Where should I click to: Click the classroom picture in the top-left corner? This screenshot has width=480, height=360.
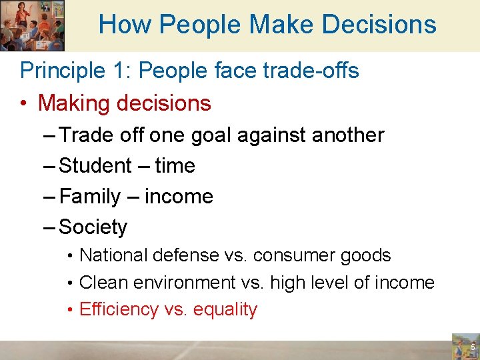(x=32, y=25)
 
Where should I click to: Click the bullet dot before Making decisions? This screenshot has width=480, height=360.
(x=24, y=104)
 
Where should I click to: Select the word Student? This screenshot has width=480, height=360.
(x=95, y=166)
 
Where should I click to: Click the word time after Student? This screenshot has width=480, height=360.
(x=175, y=166)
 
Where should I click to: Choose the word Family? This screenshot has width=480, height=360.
(x=90, y=197)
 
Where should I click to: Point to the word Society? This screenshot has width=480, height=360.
(x=93, y=227)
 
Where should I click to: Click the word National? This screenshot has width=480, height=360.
(x=113, y=255)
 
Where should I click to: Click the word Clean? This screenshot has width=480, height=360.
(x=103, y=283)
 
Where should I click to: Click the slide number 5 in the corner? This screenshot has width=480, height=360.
(x=472, y=347)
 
